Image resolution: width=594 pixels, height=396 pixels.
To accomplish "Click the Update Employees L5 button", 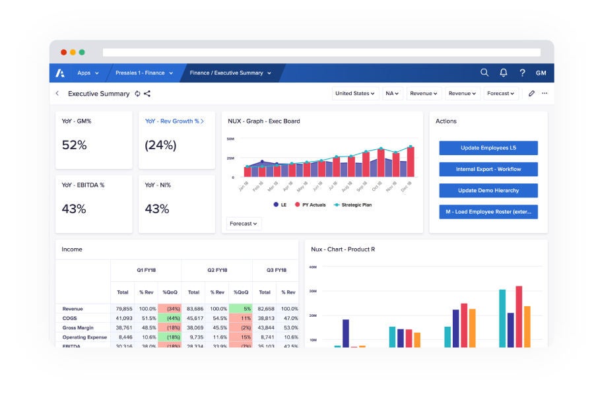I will [x=488, y=148].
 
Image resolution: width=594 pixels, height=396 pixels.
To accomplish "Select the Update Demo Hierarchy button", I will [x=488, y=190].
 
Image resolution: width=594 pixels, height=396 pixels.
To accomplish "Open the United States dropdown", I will [x=355, y=94].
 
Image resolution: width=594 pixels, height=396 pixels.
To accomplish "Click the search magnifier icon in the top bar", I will [x=484, y=73].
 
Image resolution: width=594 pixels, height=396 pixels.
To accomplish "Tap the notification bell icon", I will [x=504, y=73].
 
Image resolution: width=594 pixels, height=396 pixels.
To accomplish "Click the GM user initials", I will [x=541, y=73].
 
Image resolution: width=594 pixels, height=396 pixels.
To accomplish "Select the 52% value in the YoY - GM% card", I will [x=74, y=145].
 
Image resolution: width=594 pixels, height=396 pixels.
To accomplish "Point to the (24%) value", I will [x=158, y=145].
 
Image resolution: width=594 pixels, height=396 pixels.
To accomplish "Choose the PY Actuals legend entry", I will [x=310, y=205].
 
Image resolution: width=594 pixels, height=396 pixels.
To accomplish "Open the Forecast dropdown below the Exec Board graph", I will [x=244, y=224].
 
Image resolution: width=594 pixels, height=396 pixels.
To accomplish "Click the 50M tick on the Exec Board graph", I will [x=230, y=139].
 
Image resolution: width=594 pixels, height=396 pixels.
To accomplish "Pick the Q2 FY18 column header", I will [x=216, y=270].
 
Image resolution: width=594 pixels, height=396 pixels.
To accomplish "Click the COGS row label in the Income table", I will [x=70, y=318].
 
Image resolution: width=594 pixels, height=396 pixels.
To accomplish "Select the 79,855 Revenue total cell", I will [x=123, y=309].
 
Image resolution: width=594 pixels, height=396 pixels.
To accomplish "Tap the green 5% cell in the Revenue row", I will [x=240, y=309].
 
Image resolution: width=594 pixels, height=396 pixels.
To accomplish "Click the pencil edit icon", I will [x=531, y=94].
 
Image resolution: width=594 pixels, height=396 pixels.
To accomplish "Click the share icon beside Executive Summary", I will [x=147, y=94].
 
